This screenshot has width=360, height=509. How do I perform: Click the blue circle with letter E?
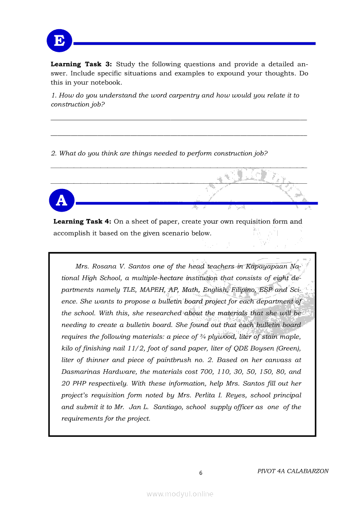tap(59, 41)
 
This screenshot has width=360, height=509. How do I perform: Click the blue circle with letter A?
tap(62, 200)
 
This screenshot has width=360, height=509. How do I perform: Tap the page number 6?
tap(200, 473)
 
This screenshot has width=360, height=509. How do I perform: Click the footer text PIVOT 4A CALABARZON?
tap(293, 471)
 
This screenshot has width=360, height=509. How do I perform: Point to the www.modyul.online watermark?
tap(180, 494)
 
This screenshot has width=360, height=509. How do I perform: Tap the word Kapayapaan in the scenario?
tap(267, 266)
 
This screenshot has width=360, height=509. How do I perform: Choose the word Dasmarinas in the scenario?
tap(80, 372)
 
